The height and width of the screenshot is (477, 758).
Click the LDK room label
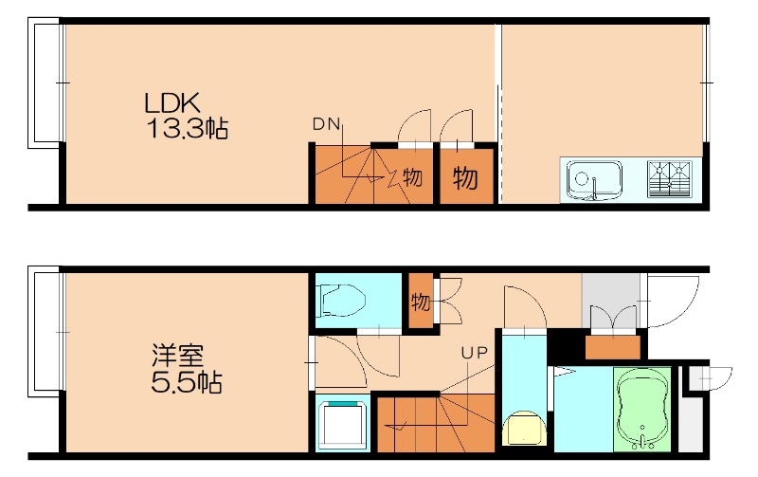point(171,101)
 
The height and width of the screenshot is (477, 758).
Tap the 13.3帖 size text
point(187,128)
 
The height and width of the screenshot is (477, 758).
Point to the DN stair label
point(326,123)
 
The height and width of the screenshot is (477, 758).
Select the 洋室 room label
point(177,357)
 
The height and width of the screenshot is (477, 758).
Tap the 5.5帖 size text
point(187,384)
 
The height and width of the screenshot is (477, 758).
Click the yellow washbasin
point(522,429)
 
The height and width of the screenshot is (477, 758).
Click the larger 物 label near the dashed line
point(464,178)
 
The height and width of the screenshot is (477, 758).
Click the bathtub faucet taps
point(645,440)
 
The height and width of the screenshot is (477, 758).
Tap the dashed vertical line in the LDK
point(499,114)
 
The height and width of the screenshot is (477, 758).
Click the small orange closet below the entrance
point(613,346)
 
